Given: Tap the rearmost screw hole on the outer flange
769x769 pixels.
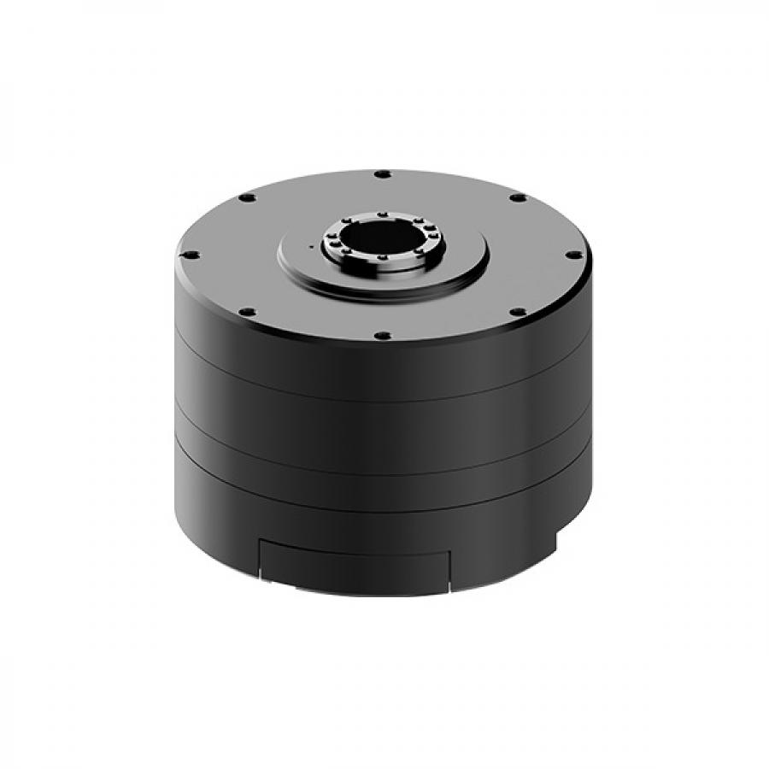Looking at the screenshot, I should [382, 174].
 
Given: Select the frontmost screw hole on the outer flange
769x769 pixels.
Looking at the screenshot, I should [382, 336].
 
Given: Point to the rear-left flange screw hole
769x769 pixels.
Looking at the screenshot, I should [247, 197].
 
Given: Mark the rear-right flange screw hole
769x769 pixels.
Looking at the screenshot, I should [518, 197].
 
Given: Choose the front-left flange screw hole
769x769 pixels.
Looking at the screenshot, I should [247, 312].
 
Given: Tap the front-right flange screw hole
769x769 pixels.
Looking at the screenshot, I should [518, 312].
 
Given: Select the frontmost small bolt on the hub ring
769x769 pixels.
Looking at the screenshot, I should [381, 255].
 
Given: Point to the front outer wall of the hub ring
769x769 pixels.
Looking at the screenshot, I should [382, 265].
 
